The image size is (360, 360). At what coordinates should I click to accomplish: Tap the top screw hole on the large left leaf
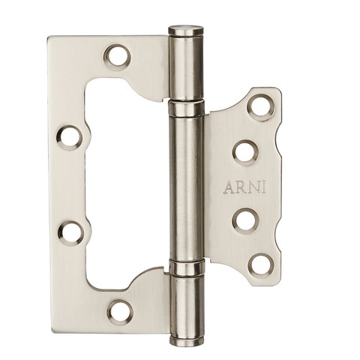118,56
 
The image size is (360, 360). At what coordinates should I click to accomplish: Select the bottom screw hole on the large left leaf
120,311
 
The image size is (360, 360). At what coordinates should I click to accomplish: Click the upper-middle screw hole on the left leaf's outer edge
69,137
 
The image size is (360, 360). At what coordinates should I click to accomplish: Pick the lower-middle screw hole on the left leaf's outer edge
71,232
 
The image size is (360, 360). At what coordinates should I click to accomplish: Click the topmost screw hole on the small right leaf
260,107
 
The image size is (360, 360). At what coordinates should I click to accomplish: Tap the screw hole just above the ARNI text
246,152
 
